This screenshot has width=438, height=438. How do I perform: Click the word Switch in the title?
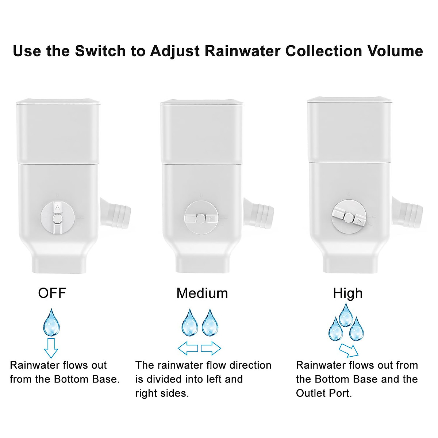tap(100, 51)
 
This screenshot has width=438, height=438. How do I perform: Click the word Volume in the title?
tap(395, 51)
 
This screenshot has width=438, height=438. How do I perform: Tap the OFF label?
tap(52, 293)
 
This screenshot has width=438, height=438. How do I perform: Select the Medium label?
tap(202, 293)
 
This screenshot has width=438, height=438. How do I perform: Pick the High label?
tap(347, 293)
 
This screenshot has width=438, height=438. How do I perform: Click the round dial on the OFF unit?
tap(57, 218)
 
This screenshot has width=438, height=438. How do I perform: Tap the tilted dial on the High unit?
tap(349, 218)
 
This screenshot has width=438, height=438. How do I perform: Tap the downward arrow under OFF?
tap(51, 348)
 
